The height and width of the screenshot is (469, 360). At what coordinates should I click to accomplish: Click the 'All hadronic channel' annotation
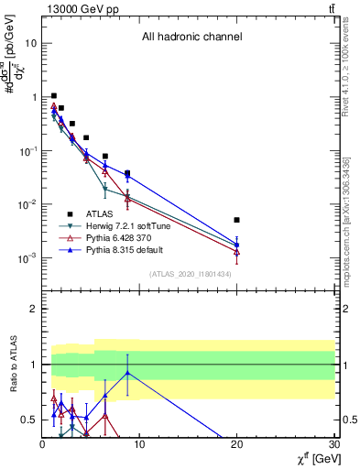[191, 38]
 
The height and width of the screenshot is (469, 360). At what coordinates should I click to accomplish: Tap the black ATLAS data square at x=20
[237, 220]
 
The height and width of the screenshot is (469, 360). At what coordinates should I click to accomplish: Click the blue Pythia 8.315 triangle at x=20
[237, 244]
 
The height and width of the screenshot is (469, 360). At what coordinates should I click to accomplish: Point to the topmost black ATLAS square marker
[54, 95]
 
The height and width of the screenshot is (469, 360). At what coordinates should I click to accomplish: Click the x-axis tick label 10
[139, 444]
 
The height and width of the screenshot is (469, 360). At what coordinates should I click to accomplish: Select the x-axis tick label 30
[334, 444]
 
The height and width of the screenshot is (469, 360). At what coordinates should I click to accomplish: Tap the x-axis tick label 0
[42, 444]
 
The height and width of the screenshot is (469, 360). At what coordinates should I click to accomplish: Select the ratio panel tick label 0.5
[27, 420]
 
